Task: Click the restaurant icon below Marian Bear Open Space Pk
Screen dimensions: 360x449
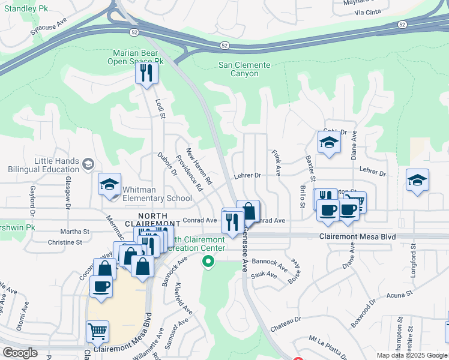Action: pyautogui.click(x=146, y=73)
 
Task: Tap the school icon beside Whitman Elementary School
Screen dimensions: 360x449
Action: pyautogui.click(x=110, y=184)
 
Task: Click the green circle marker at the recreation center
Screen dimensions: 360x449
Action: pyautogui.click(x=208, y=261)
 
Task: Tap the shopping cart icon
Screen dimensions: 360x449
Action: pyautogui.click(x=98, y=331)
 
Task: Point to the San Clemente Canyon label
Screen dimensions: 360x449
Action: pyautogui.click(x=244, y=69)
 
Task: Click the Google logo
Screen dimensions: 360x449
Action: pyautogui.click(x=20, y=353)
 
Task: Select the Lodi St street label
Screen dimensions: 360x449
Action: pyautogui.click(x=160, y=109)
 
